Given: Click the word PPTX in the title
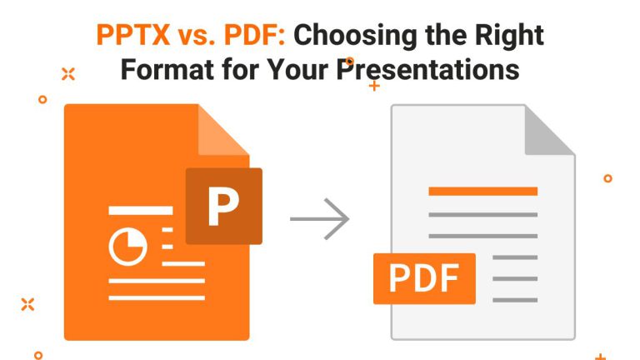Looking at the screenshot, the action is point(133,35).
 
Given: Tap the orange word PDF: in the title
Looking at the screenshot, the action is point(255,35).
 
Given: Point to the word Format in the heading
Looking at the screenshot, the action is point(167,69).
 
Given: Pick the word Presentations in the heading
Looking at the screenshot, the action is point(427,69).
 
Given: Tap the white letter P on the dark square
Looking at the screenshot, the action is point(222,206).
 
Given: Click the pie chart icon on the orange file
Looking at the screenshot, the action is point(127,247).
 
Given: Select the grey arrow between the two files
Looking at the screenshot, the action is point(320,219).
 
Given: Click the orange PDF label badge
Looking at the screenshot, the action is point(424,278).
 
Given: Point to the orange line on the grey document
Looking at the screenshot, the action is point(482,191).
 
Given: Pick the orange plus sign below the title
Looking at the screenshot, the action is point(374,86).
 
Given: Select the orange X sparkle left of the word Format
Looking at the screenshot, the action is point(68,74).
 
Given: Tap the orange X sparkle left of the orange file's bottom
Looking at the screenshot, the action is point(27,304).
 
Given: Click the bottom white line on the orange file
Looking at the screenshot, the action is point(157,298).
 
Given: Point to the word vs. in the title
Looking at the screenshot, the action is point(197,36).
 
